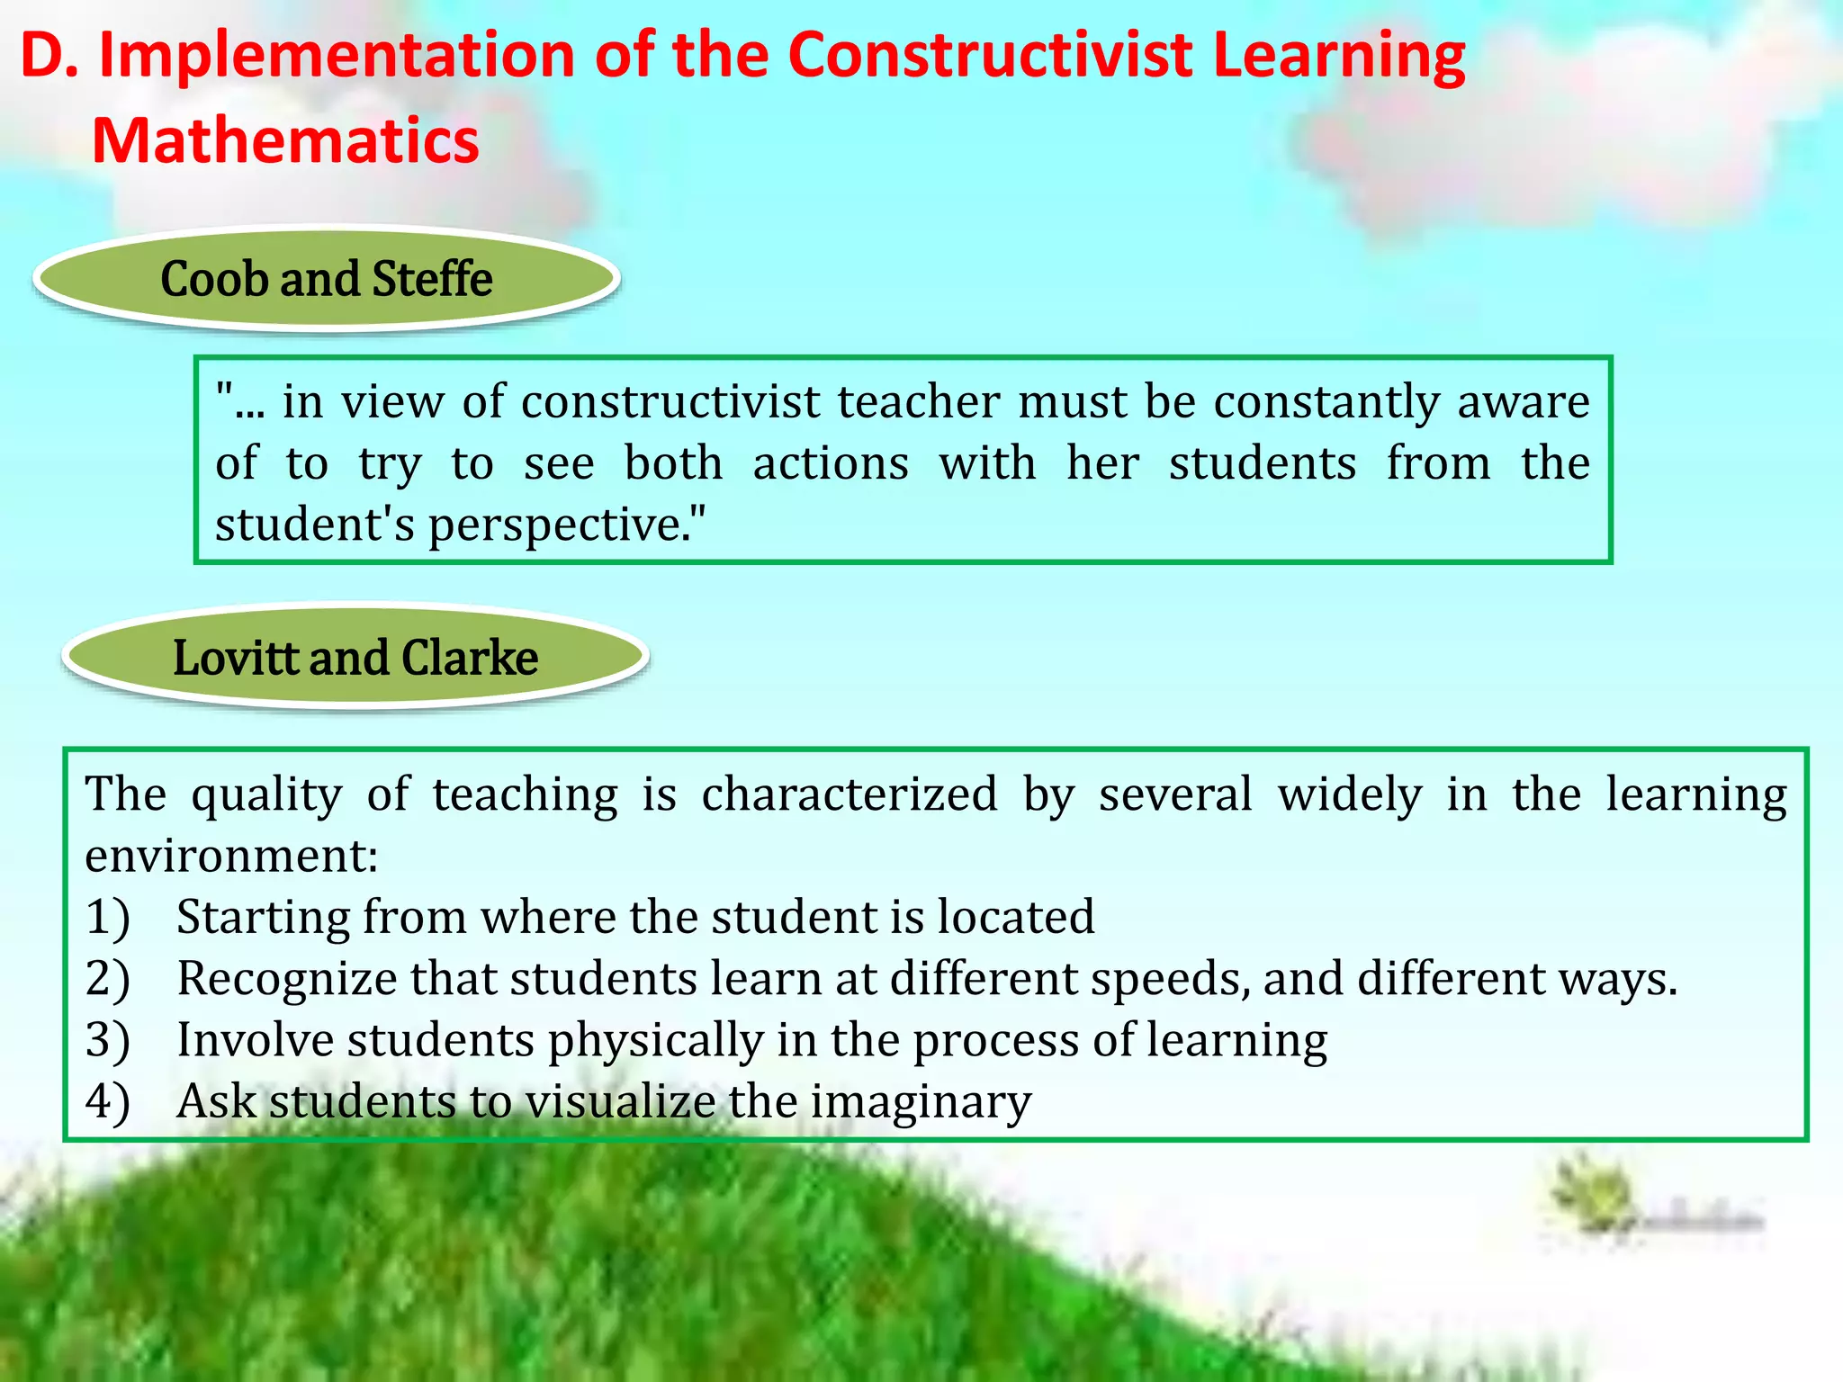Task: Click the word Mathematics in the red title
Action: [285, 141]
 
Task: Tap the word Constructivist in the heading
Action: [991, 56]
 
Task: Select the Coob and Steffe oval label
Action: [327, 279]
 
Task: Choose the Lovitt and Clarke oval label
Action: [355, 658]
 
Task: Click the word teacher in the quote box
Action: [919, 401]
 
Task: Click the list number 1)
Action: [108, 919]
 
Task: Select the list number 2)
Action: [108, 980]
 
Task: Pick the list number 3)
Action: [108, 1041]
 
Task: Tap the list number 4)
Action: [108, 1102]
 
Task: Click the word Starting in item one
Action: [263, 919]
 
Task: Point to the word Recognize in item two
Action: [286, 979]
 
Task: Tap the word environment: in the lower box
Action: [231, 856]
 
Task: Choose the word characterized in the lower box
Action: [850, 794]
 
